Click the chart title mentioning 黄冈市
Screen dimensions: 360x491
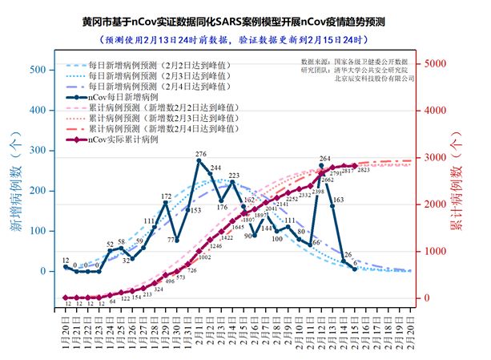[x=245, y=20]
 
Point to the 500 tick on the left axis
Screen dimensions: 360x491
[x=37, y=71]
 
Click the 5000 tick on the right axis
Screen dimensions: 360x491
[x=437, y=63]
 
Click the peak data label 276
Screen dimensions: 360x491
[x=200, y=153]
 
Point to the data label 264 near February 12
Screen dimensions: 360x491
[x=325, y=159]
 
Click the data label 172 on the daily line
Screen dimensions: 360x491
[x=166, y=196]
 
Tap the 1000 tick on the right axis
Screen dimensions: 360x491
[x=437, y=251]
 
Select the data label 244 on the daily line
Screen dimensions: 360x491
[x=215, y=168]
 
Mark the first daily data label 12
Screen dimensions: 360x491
[x=65, y=261]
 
